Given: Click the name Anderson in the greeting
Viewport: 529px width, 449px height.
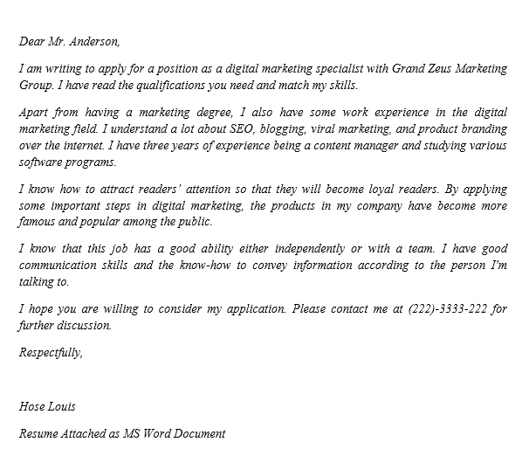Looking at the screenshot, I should [93, 41].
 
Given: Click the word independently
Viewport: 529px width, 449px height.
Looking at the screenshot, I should [304, 248].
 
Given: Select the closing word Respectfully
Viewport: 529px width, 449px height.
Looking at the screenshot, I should [51, 352].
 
